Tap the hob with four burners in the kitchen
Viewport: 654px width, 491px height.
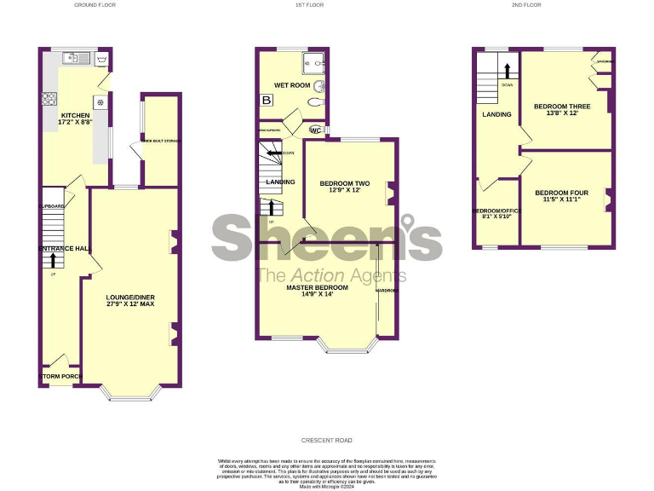point(49,99)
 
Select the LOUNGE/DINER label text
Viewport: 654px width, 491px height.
point(130,297)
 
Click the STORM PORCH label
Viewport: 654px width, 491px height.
point(56,376)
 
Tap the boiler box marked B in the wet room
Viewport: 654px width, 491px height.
point(267,100)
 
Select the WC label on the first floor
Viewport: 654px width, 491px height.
point(315,130)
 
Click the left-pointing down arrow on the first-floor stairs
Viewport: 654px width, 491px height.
point(272,153)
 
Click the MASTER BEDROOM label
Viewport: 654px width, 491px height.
point(317,287)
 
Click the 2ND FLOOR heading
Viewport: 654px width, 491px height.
point(526,5)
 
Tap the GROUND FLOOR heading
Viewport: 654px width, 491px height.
point(95,5)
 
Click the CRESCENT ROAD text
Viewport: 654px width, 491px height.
point(326,441)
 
